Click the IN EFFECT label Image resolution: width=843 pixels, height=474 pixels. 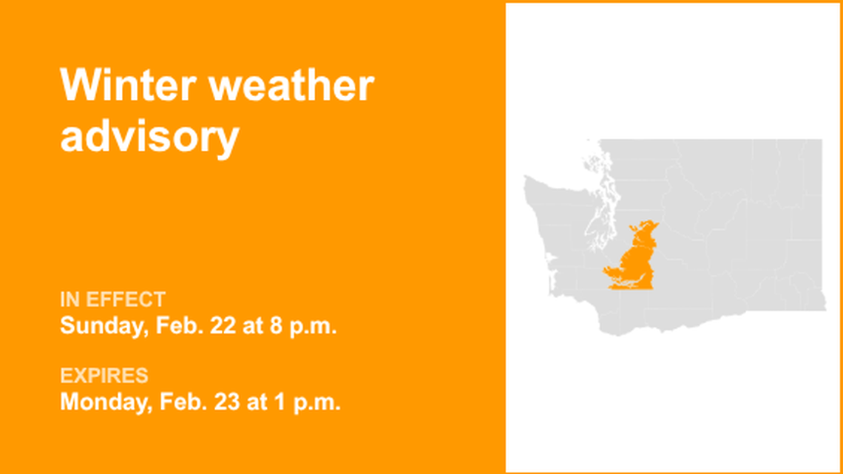[112, 299]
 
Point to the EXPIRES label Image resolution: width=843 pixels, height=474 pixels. [104, 376]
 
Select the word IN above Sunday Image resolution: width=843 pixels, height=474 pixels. [70, 299]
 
